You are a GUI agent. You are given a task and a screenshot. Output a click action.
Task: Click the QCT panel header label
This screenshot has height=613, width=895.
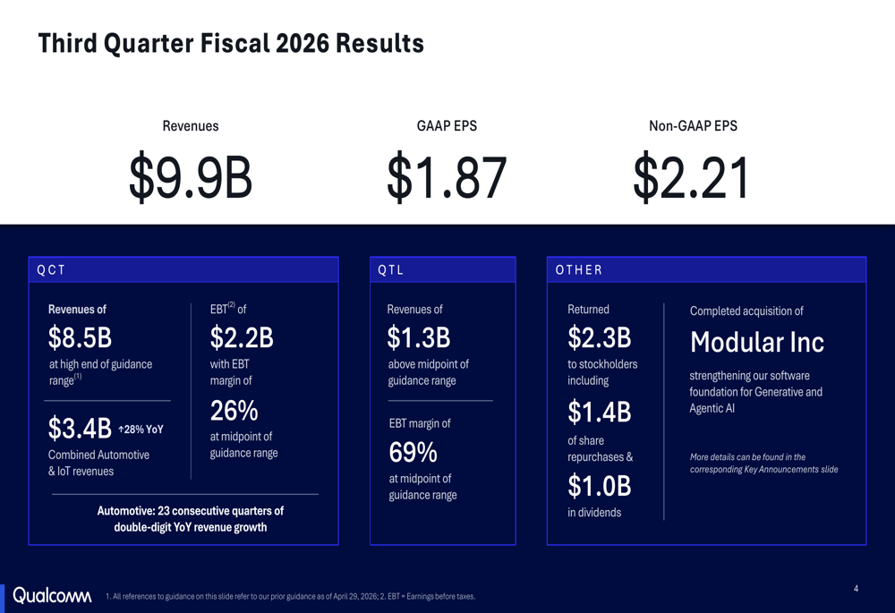point(51,270)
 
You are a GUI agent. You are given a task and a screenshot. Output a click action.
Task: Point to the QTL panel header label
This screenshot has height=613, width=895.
point(391,270)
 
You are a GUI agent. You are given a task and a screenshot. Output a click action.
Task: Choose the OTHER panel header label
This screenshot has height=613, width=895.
point(579,270)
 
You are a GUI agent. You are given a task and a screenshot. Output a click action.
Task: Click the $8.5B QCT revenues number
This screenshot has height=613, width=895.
point(80,337)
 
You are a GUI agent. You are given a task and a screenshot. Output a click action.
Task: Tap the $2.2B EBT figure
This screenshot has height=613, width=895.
point(242,337)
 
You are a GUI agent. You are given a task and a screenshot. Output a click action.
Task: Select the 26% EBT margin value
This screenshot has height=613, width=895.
point(234,411)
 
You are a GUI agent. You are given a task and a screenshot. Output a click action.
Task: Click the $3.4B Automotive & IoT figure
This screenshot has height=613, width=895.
point(80,428)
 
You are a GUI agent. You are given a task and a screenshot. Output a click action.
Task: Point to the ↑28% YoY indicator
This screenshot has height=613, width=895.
point(141,430)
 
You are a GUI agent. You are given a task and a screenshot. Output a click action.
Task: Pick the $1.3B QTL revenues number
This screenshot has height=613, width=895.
point(418,337)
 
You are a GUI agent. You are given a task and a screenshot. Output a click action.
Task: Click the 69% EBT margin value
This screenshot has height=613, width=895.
point(413,453)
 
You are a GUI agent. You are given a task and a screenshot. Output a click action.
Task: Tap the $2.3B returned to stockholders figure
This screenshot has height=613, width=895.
point(600,337)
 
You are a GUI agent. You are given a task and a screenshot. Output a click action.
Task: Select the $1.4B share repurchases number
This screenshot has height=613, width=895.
point(600,412)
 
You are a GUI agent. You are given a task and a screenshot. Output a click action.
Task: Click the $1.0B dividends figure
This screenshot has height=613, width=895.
point(600,486)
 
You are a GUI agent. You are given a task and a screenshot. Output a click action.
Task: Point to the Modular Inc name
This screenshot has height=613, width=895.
point(757,343)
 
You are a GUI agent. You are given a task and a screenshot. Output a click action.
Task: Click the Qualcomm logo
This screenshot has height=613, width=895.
point(52,595)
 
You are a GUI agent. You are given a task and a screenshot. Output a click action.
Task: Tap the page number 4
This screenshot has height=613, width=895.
point(857,589)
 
